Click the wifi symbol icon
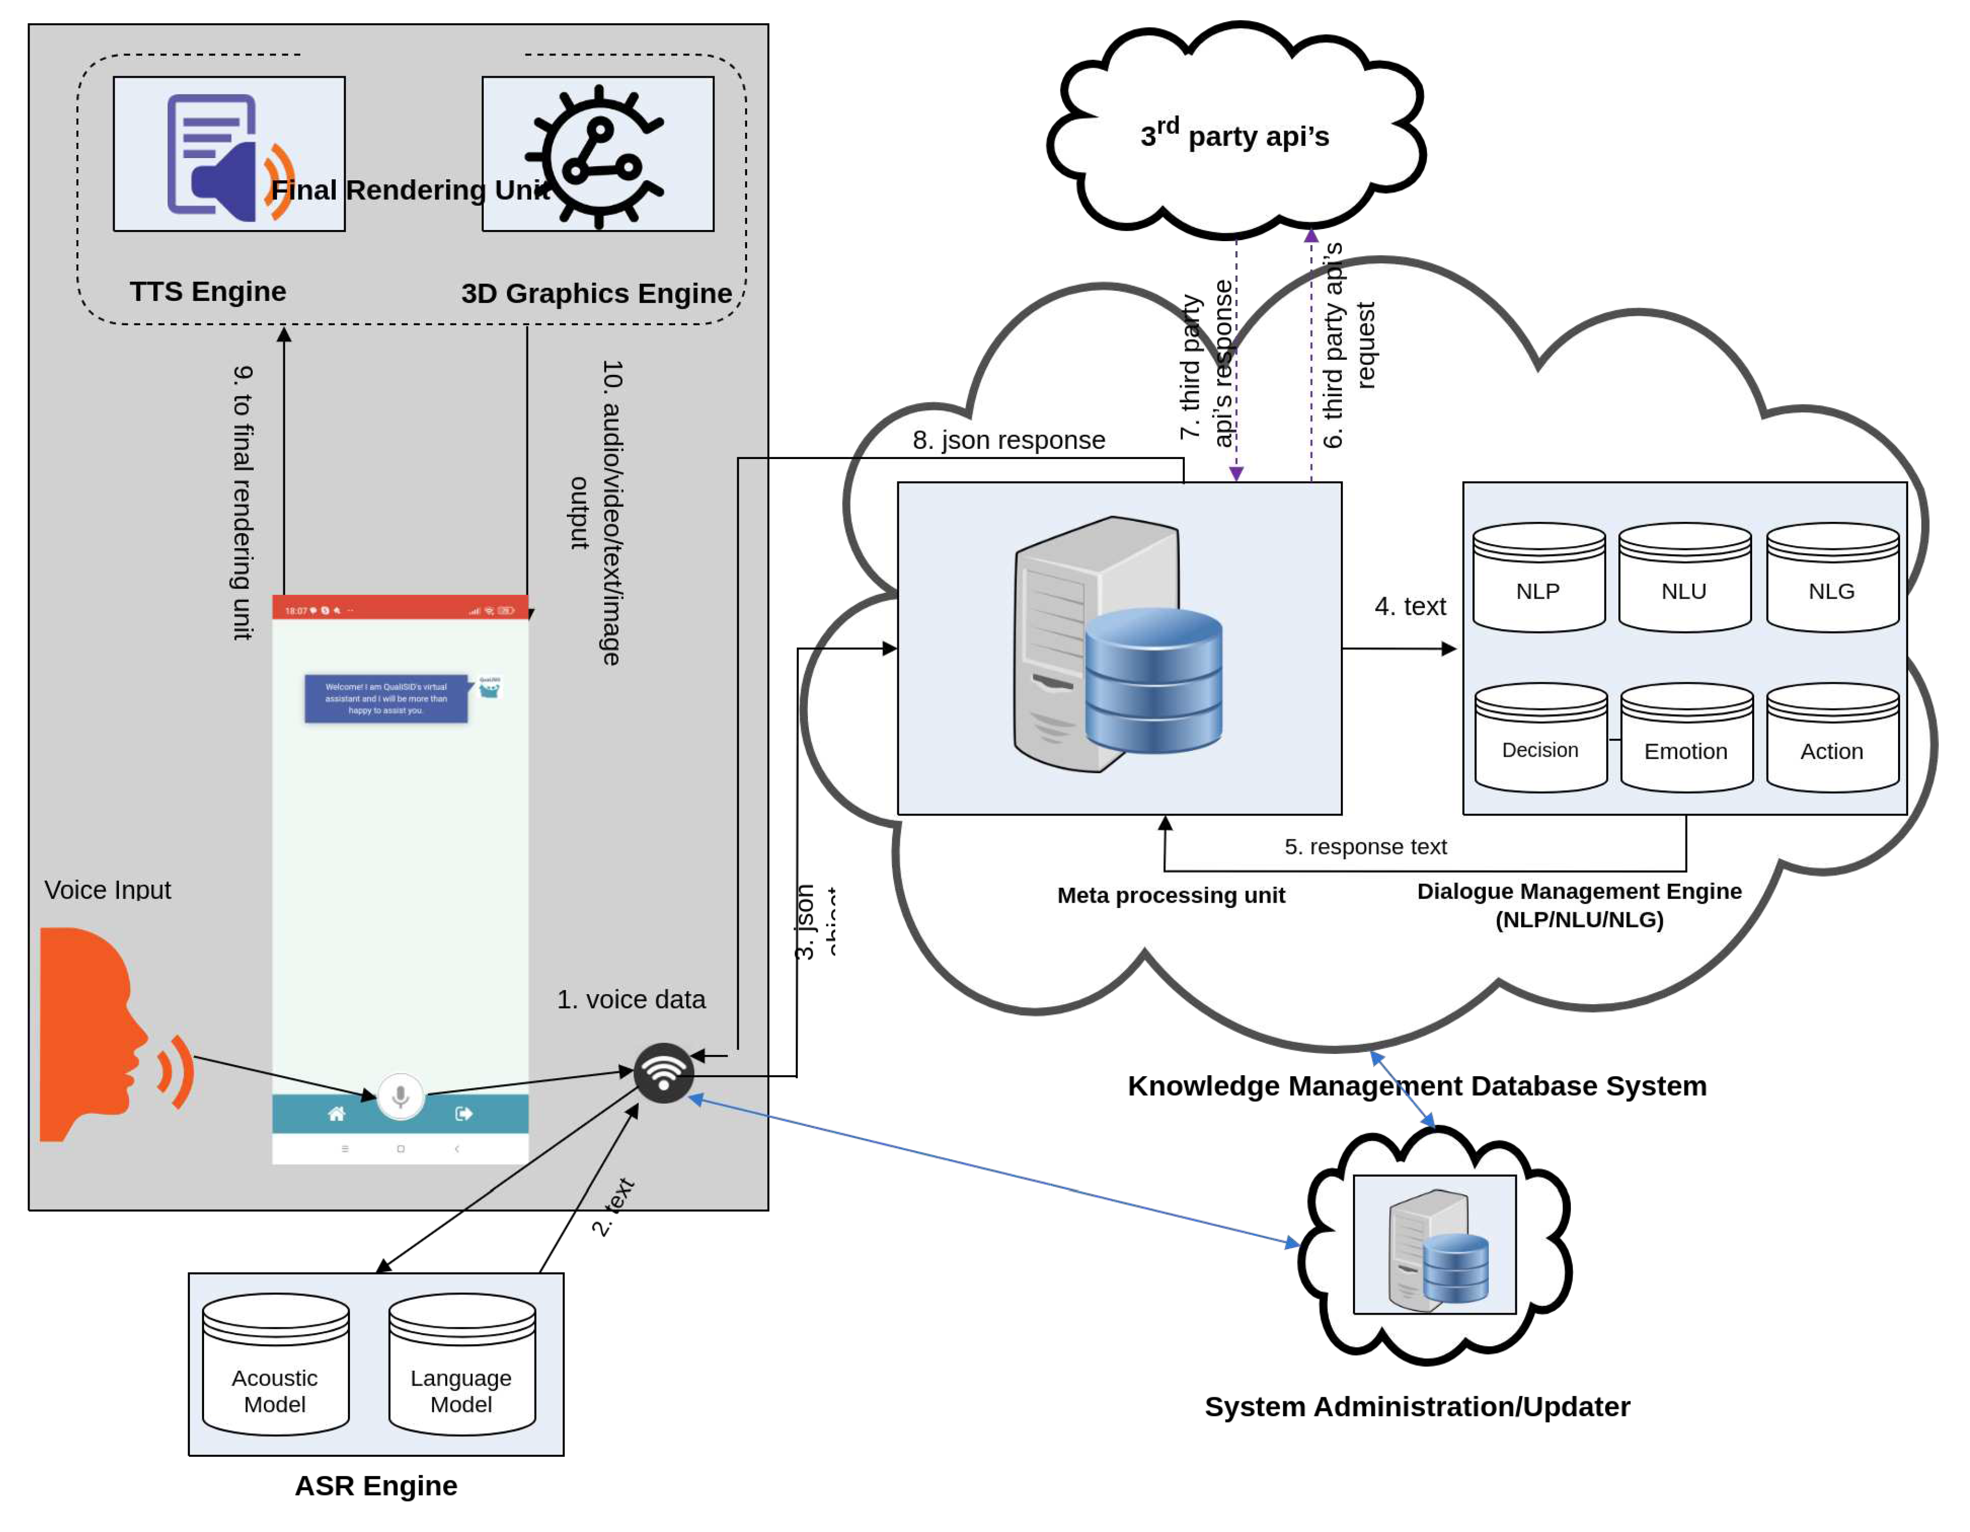(x=664, y=1073)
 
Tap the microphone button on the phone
(x=400, y=1096)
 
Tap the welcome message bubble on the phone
(x=386, y=699)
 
